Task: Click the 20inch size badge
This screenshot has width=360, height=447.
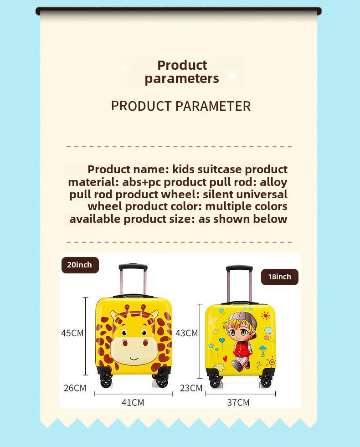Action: pos(80,265)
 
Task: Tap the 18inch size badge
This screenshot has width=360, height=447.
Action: pos(279,277)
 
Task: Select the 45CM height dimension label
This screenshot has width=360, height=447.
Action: pos(72,333)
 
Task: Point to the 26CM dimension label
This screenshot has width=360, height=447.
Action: pos(75,388)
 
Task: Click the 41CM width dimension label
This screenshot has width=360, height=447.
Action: pos(133,402)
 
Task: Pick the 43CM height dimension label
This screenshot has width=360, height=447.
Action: pos(187,333)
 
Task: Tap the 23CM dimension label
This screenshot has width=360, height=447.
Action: pos(190,388)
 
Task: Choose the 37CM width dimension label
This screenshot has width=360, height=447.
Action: pos(238,402)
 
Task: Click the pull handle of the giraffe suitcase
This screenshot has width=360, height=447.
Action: pos(133,267)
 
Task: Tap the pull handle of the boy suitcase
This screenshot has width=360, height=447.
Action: pos(239,268)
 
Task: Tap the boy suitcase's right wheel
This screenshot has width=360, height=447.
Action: pos(266,382)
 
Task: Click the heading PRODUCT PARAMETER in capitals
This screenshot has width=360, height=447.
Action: pos(181,106)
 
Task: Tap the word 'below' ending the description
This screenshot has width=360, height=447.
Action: pos(271,219)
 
